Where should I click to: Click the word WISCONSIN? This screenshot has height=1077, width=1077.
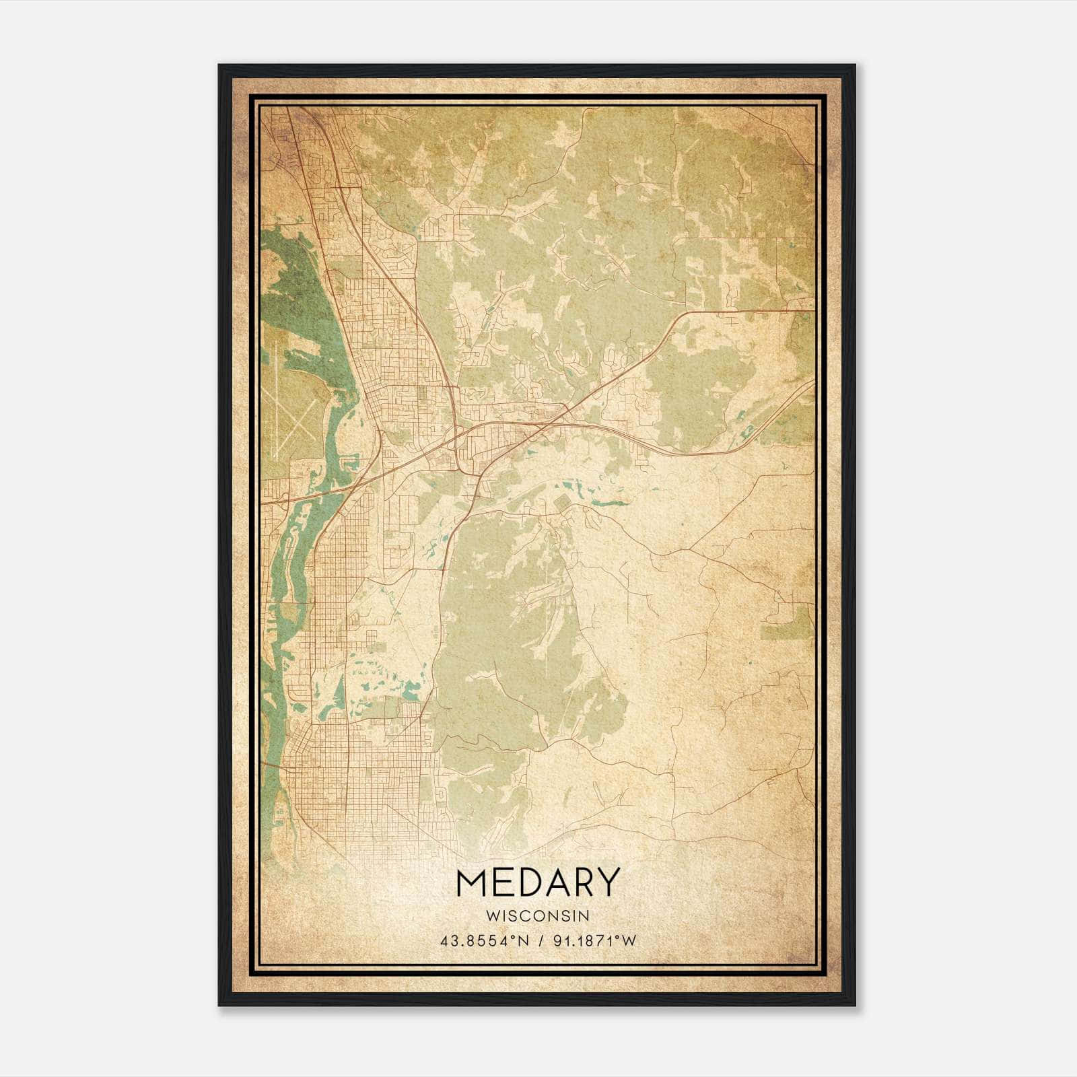pos(538,915)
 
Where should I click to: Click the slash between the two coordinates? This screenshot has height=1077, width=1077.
pos(539,941)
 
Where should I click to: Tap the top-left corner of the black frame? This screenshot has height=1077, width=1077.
pos(220,66)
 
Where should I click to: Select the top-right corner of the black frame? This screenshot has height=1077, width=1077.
pos(854,66)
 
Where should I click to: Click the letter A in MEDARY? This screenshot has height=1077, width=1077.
pos(557,882)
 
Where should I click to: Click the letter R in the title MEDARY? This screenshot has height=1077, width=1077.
pos(583,882)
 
